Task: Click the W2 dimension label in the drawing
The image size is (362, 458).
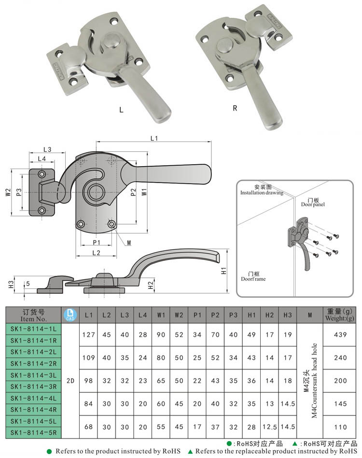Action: (8, 192)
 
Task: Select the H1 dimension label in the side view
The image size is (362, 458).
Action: (223, 271)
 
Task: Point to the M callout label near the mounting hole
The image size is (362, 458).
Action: (129, 243)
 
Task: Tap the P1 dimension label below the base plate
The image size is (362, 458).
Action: (96, 242)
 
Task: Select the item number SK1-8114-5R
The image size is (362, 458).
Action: (33, 432)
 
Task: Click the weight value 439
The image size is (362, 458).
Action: (341, 334)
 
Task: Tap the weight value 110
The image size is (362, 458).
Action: (341, 427)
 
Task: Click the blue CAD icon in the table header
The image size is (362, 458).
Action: (70, 315)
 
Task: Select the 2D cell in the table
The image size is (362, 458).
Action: (70, 381)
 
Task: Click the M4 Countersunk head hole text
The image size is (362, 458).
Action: (311, 381)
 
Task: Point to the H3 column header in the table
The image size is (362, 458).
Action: (288, 315)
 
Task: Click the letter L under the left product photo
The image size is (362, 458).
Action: (122, 110)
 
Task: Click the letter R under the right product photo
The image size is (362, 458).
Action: (235, 108)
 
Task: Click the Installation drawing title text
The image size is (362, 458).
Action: (262, 190)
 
